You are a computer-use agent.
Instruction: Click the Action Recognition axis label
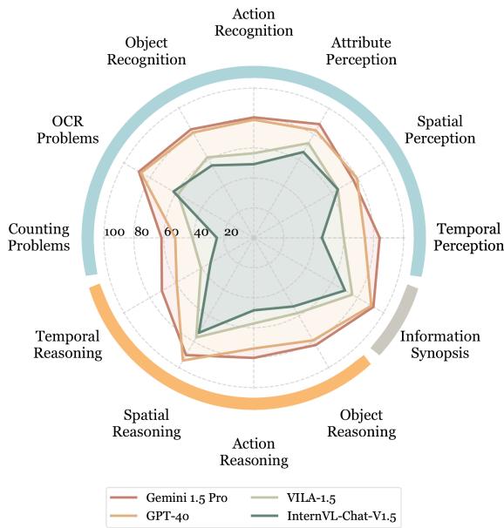[x=253, y=23]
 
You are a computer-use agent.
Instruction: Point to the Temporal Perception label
[x=468, y=237]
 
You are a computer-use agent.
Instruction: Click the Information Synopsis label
[x=439, y=345]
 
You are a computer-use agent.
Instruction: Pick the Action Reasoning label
[x=253, y=451]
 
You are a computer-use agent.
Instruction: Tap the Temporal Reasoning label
[x=68, y=344]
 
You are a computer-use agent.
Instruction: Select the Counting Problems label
[x=38, y=237]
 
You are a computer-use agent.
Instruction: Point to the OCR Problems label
[x=62, y=130]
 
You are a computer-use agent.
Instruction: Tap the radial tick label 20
[x=231, y=233]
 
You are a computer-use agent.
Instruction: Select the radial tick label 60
[x=172, y=233]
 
